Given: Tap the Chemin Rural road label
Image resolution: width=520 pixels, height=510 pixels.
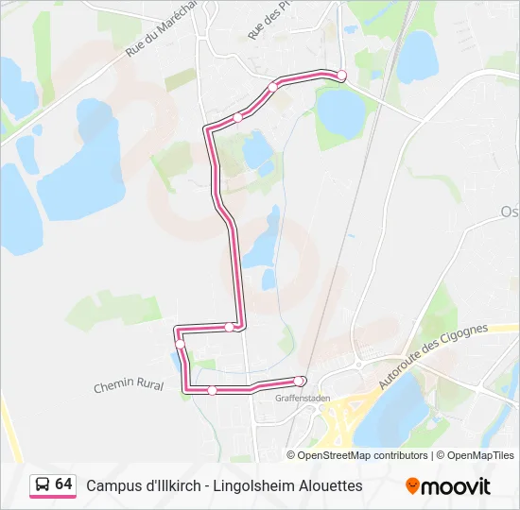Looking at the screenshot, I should pyautogui.click(x=129, y=385).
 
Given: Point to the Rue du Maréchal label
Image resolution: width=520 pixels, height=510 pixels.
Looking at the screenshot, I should pyautogui.click(x=151, y=28).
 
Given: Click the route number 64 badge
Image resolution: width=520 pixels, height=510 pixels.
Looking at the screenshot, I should pyautogui.click(x=63, y=484).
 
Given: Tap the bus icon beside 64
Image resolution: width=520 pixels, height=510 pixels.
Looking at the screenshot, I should pyautogui.click(x=43, y=485).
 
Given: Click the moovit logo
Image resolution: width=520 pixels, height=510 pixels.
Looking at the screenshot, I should pyautogui.click(x=448, y=486).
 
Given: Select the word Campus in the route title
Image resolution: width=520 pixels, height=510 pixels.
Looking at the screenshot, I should pyautogui.click(x=115, y=485).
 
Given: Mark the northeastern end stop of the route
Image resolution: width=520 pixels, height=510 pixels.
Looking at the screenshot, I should pyautogui.click(x=342, y=76).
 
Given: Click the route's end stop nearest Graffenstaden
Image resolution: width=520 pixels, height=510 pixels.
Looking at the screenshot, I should pyautogui.click(x=300, y=381).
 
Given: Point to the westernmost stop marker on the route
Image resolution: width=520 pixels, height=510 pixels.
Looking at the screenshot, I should pyautogui.click(x=180, y=344).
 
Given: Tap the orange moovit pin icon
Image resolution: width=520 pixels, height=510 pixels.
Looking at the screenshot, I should pyautogui.click(x=412, y=486).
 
